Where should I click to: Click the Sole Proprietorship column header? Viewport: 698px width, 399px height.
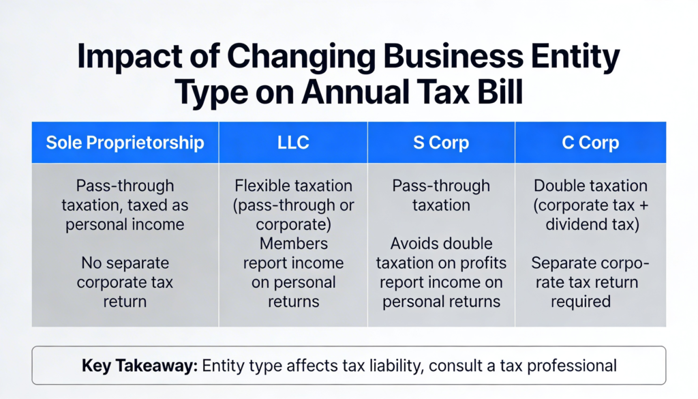point(125,143)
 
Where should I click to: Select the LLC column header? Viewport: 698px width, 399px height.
point(293,143)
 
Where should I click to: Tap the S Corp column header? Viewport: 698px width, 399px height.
point(441,143)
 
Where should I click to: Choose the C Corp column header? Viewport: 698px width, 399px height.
point(590,143)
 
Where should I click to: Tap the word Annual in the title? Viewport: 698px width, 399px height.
point(381,93)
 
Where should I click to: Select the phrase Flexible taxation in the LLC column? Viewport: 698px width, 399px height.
point(293,186)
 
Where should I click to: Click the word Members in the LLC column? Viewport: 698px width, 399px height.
point(293,243)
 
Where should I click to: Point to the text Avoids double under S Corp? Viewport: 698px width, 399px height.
point(441,243)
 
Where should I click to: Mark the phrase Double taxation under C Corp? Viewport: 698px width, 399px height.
point(590,186)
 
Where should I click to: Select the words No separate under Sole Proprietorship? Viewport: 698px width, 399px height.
point(125,263)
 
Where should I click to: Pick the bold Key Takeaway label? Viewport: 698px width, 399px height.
point(138,366)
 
